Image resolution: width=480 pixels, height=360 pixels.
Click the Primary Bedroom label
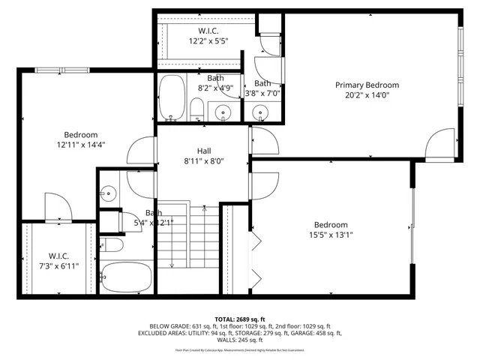[x=367, y=85]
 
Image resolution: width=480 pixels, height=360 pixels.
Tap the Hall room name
[x=204, y=150]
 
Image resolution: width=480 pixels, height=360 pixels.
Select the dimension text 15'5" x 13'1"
[x=330, y=235]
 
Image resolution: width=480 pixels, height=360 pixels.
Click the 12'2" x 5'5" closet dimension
[x=208, y=40]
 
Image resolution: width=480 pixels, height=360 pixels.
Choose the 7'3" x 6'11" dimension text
[x=58, y=265]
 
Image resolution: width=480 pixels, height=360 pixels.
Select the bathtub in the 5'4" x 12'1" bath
[x=125, y=277]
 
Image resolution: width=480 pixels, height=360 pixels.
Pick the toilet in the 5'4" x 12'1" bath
[x=112, y=245]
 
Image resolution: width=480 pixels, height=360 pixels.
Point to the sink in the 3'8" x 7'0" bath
[x=261, y=114]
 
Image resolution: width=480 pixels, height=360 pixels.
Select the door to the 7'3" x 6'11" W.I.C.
[x=57, y=207]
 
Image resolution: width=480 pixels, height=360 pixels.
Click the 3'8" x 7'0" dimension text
[x=267, y=94]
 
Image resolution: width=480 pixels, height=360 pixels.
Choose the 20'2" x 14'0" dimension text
[x=367, y=95]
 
